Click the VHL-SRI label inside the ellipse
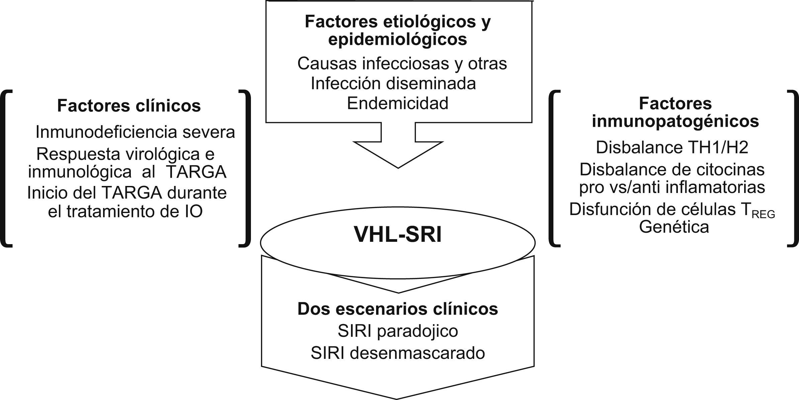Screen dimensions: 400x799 click(398, 235)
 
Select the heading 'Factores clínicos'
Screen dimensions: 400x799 click(129, 106)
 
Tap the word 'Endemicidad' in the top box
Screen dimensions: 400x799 click(397, 103)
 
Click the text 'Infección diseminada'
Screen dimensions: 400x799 click(393, 83)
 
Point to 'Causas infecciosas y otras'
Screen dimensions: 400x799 click(402, 64)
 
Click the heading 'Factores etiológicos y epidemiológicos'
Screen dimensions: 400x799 click(397, 30)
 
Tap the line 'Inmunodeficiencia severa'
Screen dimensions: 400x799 click(135, 132)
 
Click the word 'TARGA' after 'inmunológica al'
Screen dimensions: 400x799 click(196, 172)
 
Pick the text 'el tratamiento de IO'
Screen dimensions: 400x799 click(125, 211)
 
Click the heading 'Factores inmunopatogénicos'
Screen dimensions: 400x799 click(675, 112)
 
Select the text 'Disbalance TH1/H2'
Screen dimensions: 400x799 click(672, 147)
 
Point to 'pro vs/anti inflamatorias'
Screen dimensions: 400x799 click(672, 187)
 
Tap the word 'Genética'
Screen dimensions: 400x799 click(674, 227)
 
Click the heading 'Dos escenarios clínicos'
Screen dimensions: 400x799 click(397, 309)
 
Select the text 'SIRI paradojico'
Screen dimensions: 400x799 click(397, 331)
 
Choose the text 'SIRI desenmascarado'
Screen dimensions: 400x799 click(397, 353)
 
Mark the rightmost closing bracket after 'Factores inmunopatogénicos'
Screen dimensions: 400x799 click(794, 168)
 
